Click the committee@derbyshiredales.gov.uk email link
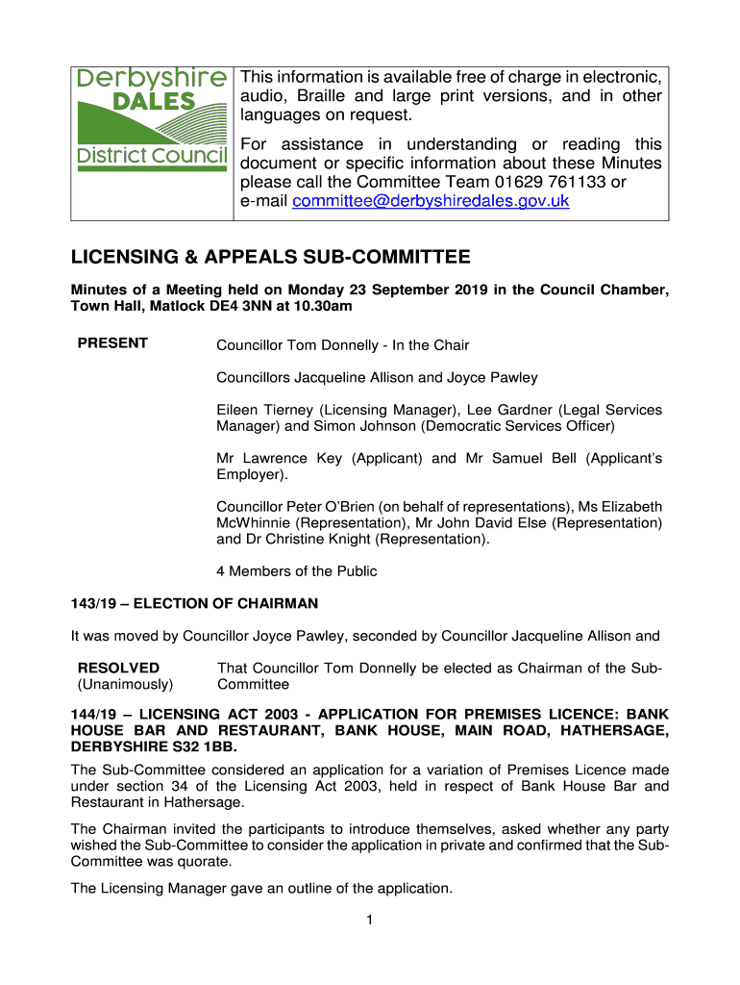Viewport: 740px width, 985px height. [431, 200]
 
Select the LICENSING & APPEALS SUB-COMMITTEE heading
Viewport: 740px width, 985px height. [271, 258]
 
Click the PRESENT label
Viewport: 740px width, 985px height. [112, 343]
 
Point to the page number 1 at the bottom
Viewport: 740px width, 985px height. [369, 921]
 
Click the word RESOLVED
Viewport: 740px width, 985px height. [118, 668]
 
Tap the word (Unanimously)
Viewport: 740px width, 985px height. [125, 685]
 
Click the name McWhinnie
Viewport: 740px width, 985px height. [253, 522]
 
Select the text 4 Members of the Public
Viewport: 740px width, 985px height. [297, 571]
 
